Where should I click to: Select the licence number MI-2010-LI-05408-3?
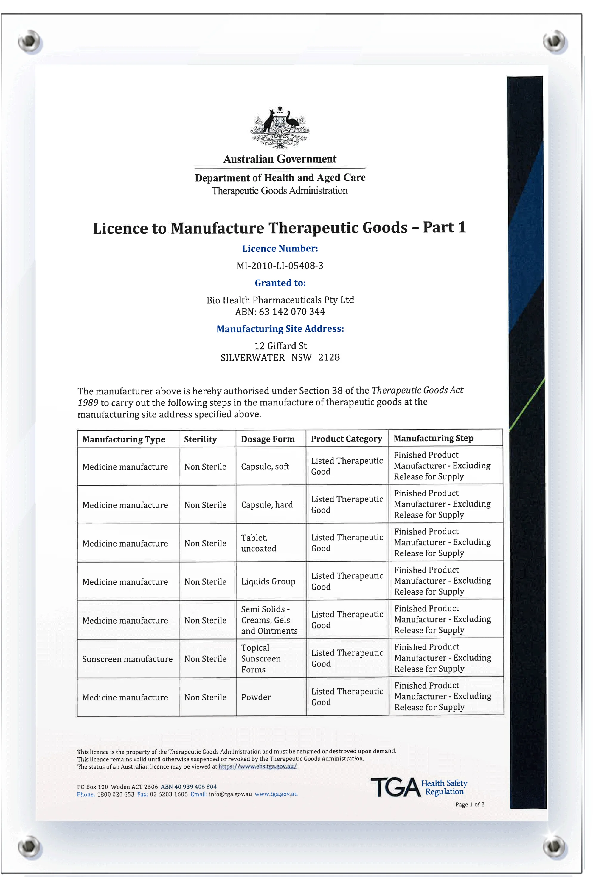tap(280, 266)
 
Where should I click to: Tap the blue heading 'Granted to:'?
tap(280, 283)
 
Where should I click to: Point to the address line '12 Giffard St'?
tap(280, 346)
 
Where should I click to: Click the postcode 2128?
tap(329, 358)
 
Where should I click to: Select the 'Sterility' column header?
tap(200, 439)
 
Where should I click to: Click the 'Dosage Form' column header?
tap(268, 439)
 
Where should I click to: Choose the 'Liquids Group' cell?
tap(268, 581)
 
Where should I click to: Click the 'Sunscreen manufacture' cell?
tap(127, 659)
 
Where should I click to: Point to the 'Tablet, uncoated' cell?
tap(258, 543)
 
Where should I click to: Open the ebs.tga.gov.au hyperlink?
tap(257, 766)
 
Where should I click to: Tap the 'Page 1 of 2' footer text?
tap(470, 804)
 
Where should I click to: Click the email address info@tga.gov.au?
tap(230, 794)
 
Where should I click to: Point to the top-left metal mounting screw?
tap(30, 40)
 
